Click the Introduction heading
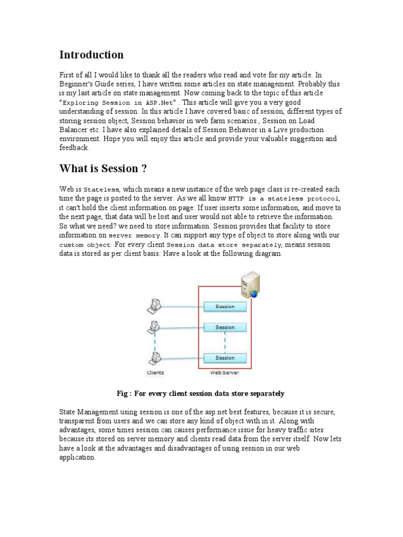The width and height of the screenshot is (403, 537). coord(91,55)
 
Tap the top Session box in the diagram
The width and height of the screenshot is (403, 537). coord(225,306)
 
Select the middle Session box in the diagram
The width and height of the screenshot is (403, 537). coord(225,327)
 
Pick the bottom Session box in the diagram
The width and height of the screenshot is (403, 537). coord(225,358)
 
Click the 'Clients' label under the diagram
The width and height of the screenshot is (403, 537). coord(155,373)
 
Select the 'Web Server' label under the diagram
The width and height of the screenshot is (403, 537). coord(224,373)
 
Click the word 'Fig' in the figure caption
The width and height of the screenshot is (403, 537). coord(122,393)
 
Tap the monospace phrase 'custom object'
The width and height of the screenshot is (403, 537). coord(85,245)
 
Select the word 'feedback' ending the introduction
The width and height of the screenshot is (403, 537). coord(74,148)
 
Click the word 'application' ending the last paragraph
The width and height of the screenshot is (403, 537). coord(77,457)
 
